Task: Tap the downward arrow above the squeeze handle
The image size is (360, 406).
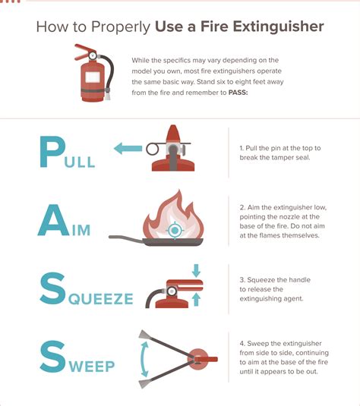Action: [197, 270]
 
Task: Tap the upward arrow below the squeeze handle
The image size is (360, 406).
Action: [197, 301]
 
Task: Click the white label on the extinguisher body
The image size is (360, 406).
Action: [93, 78]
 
